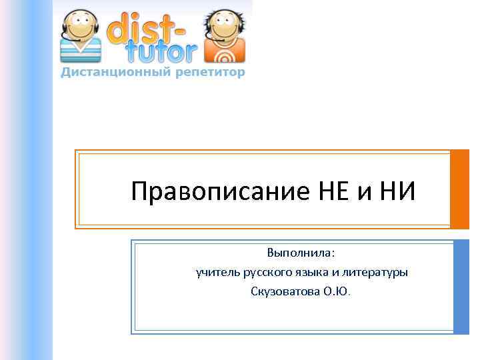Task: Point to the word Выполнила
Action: point(301,254)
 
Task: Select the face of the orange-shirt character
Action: point(225,25)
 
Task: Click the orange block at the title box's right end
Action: point(460,189)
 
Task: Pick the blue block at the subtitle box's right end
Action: point(461,287)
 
